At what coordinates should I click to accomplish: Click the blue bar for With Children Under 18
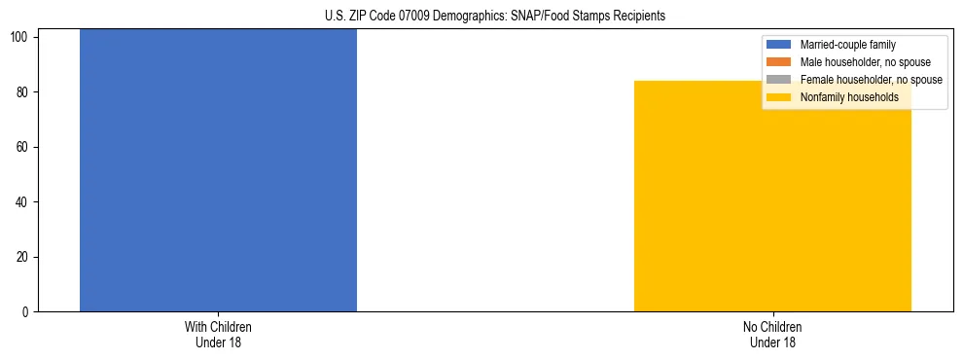click(x=218, y=170)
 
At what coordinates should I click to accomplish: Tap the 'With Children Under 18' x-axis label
click(x=218, y=335)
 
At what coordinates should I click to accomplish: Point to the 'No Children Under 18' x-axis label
click(x=772, y=335)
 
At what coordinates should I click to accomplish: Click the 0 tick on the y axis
click(x=28, y=312)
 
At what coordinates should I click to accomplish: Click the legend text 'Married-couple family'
click(x=847, y=45)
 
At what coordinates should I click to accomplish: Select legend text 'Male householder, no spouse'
click(x=865, y=62)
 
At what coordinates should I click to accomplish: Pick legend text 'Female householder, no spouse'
click(x=871, y=80)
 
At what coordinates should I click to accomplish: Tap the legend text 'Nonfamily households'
click(x=849, y=97)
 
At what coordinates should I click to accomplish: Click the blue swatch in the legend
click(x=779, y=45)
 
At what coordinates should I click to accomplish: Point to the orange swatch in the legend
click(x=779, y=62)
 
